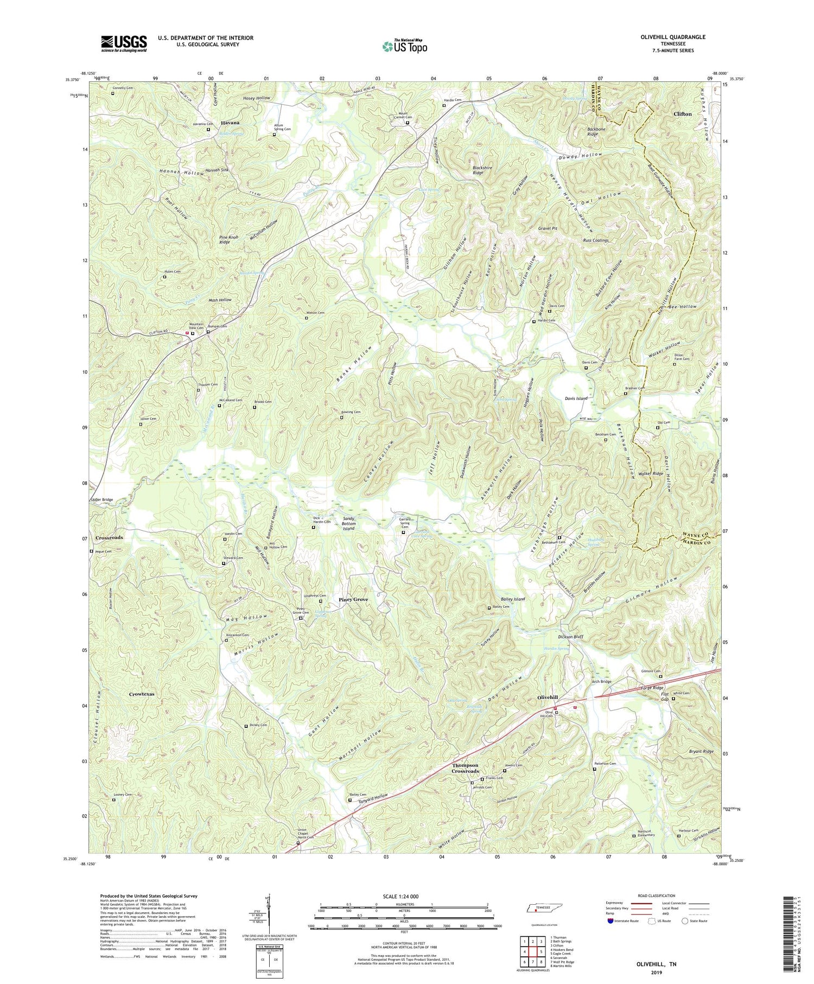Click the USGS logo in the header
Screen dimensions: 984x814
pos(124,43)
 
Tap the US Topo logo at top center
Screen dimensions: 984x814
pos(404,46)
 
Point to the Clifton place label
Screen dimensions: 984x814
pos(682,114)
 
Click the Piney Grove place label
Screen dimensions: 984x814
pos(353,599)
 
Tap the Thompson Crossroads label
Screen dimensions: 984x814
pos(466,768)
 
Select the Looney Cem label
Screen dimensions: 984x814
pos(122,794)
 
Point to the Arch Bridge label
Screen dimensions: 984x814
pos(602,681)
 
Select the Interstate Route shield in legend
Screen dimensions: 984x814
pos(611,921)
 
